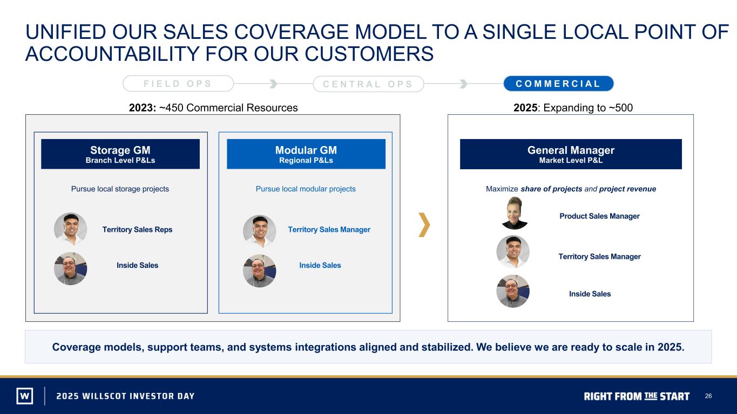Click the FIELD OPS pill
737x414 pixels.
pos(178,84)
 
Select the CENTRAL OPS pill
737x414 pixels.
pos(368,84)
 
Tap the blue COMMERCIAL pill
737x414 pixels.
pos(558,84)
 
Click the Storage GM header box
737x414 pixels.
pos(120,154)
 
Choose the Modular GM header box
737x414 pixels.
pos(306,154)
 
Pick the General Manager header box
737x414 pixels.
pos(571,154)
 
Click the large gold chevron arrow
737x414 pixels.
pos(424,225)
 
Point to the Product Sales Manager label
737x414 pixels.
pos(599,216)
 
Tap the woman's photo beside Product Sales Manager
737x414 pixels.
pos(514,213)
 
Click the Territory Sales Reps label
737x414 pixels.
pos(137,230)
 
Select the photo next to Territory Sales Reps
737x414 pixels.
pos(70,229)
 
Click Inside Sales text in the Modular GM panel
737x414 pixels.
pos(320,265)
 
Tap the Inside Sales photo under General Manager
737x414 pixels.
pos(513,291)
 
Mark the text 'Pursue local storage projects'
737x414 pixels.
pos(120,189)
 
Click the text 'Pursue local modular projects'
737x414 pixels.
pos(306,189)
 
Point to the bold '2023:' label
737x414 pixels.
pos(143,108)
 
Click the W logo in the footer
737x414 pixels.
pos(25,396)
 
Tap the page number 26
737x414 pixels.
pos(708,396)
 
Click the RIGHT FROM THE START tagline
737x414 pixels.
pos(637,396)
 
